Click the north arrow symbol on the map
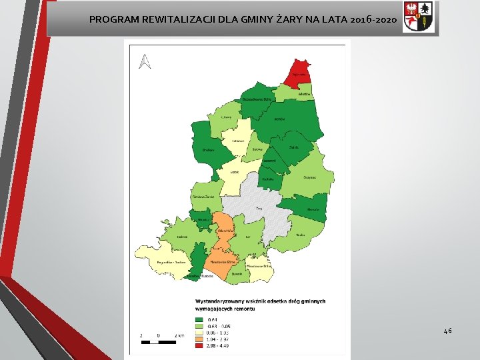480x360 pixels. click(145, 61)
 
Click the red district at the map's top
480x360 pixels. click(298, 71)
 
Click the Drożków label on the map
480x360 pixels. click(208, 150)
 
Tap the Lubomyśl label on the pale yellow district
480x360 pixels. click(238, 141)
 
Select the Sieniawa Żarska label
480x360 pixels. click(202, 197)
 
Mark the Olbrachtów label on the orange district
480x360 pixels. click(225, 230)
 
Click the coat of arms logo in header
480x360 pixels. click(419, 17)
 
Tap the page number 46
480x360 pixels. click(447, 330)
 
